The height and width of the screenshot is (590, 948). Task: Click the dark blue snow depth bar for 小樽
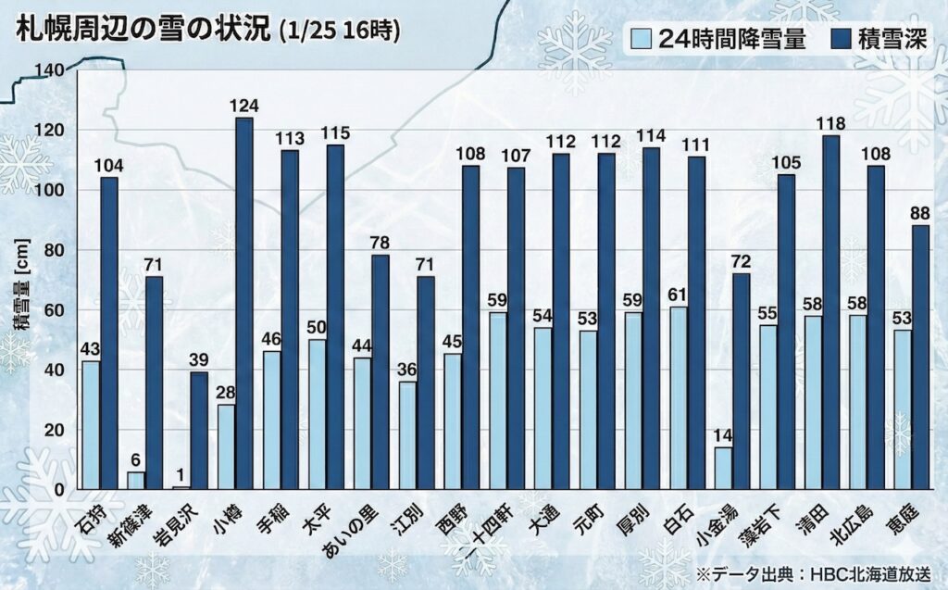click(x=244, y=303)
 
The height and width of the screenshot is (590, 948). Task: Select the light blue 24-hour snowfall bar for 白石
click(x=679, y=397)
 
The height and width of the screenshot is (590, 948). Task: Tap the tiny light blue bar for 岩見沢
click(x=181, y=487)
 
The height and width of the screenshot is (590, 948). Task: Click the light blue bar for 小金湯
click(x=724, y=468)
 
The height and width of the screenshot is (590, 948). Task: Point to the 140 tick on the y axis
click(x=49, y=70)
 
